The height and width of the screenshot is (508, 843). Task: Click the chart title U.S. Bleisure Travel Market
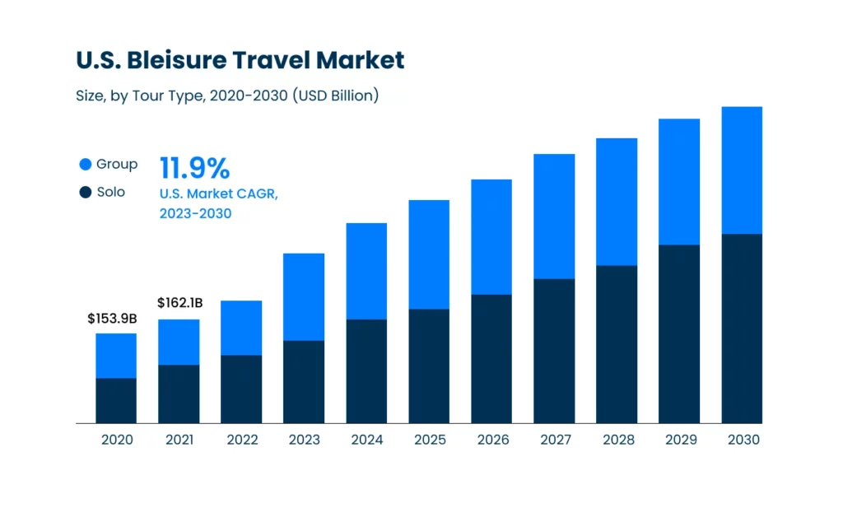240,60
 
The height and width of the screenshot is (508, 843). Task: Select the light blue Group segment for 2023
304,296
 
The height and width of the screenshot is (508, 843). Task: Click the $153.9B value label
112,319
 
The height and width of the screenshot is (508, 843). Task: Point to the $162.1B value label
179,304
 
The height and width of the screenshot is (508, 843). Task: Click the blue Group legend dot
86,165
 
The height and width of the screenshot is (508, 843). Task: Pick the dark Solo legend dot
86,193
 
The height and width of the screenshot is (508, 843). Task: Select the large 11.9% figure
194,168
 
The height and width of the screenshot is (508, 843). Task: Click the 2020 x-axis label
117,440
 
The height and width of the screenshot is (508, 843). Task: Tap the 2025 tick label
429,440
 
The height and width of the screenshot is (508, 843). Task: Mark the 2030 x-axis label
743,440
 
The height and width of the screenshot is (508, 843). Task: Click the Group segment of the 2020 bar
116,356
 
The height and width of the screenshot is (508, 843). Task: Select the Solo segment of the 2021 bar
179,394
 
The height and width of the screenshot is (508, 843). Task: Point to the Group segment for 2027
554,216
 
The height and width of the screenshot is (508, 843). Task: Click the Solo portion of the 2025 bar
429,366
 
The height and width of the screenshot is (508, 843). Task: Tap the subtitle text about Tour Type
227,96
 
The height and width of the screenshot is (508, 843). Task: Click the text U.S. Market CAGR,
219,194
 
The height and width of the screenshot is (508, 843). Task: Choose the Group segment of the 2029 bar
679,181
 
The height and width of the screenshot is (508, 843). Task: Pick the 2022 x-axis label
241,440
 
